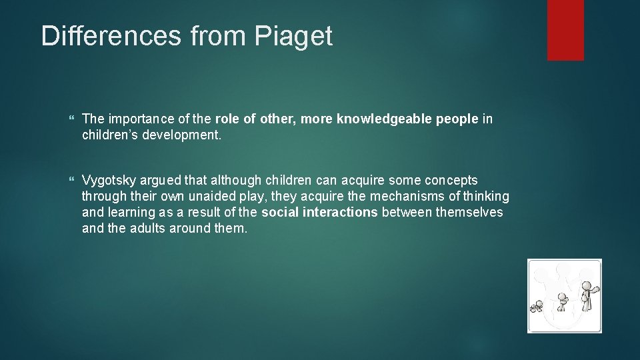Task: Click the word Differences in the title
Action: pyautogui.click(x=111, y=36)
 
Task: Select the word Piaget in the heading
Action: pyautogui.click(x=293, y=37)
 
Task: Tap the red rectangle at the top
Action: pyautogui.click(x=565, y=30)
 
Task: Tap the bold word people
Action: pyautogui.click(x=458, y=119)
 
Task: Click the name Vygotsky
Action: pyautogui.click(x=109, y=181)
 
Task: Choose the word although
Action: pyautogui.click(x=239, y=181)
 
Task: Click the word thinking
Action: pyautogui.click(x=486, y=197)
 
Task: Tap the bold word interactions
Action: pyautogui.click(x=340, y=213)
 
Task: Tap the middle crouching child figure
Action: pyautogui.click(x=563, y=301)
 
